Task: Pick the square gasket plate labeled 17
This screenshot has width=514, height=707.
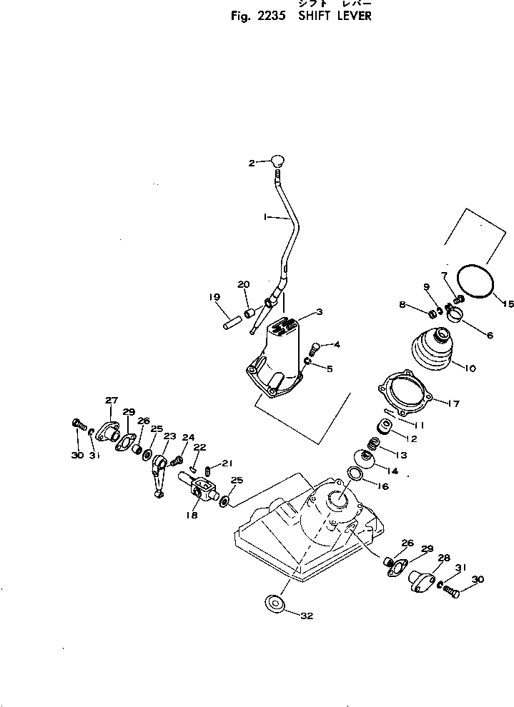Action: pyautogui.click(x=405, y=398)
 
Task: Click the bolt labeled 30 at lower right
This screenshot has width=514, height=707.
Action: pyautogui.click(x=449, y=590)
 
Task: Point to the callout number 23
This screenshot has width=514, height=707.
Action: pyautogui.click(x=169, y=436)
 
